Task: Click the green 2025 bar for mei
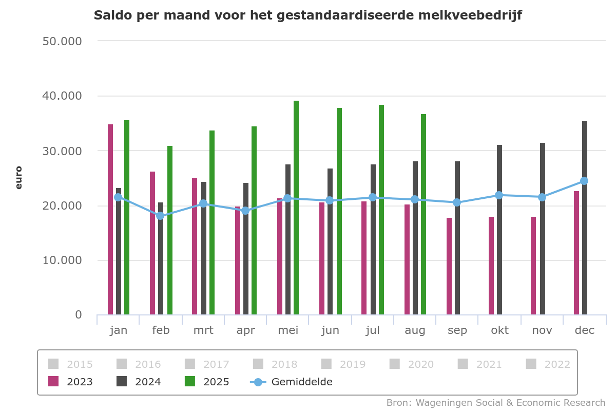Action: [296, 208]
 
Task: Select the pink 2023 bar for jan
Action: [110, 219]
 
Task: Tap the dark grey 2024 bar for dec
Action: [585, 218]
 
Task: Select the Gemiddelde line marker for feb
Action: [160, 216]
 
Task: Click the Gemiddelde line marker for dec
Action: [584, 181]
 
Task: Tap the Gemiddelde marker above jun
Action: [330, 200]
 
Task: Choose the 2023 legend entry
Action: [71, 382]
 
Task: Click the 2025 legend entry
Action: [208, 382]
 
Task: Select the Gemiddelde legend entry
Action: [292, 382]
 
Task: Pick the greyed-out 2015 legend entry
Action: [71, 364]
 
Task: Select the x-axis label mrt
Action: [203, 330]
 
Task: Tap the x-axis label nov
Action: [542, 330]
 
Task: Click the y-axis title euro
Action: [19, 177]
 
